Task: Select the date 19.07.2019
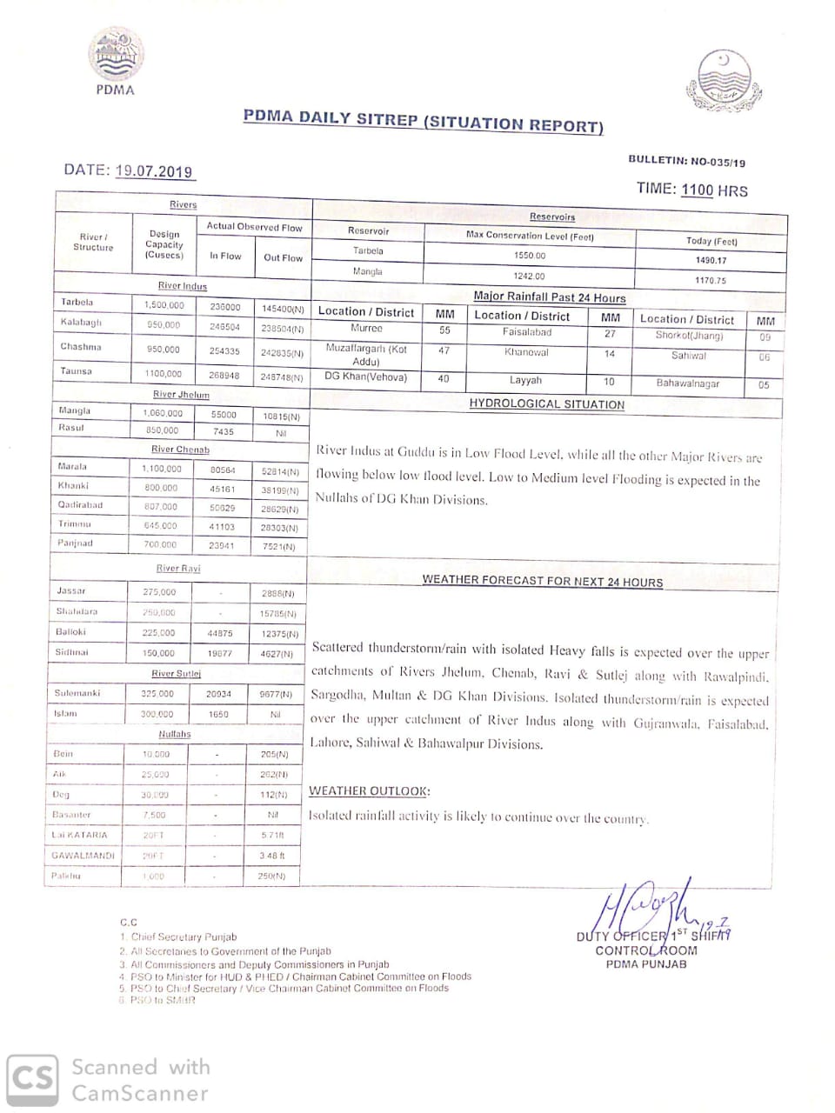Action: coord(153,171)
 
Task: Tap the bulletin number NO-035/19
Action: coord(718,162)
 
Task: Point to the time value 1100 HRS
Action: coord(714,190)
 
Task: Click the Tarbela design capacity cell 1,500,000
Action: coord(164,305)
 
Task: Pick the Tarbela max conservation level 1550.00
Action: coord(529,256)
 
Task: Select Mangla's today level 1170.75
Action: coord(710,281)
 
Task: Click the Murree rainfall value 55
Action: coord(444,330)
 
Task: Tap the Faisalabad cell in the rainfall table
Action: coord(526,332)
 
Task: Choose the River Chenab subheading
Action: coord(180,450)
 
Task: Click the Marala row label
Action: coord(72,467)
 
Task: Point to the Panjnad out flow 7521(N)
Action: coord(279,547)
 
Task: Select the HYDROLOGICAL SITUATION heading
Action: coord(546,404)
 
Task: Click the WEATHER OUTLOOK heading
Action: coord(369,791)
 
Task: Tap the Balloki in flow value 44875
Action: coord(219,634)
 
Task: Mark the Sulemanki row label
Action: coord(77,693)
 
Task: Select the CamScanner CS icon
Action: coord(33,1080)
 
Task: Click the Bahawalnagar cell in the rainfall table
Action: coord(687,383)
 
